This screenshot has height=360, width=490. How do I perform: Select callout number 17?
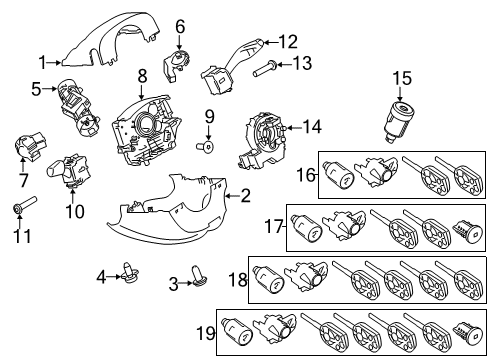point(271,228)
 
